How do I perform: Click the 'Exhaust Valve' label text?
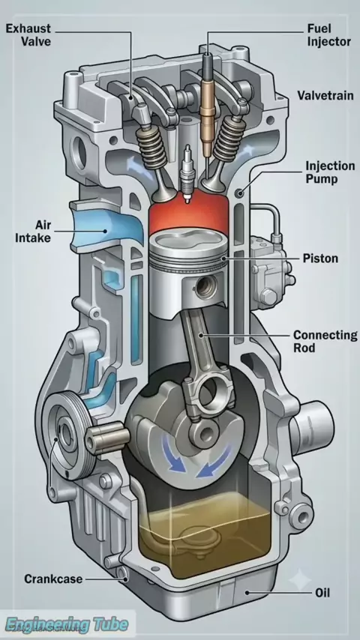[28, 34]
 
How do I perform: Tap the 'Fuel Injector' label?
[329, 34]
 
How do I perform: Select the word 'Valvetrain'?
[325, 96]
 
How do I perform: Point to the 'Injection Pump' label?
[330, 172]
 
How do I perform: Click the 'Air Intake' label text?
[33, 231]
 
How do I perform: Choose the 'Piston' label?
[320, 259]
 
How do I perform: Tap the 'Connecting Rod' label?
[325, 342]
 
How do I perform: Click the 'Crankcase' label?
[53, 579]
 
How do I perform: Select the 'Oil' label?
[322, 592]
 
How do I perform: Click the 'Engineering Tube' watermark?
[67, 624]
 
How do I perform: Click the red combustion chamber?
[188, 217]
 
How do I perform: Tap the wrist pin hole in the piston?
[202, 287]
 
